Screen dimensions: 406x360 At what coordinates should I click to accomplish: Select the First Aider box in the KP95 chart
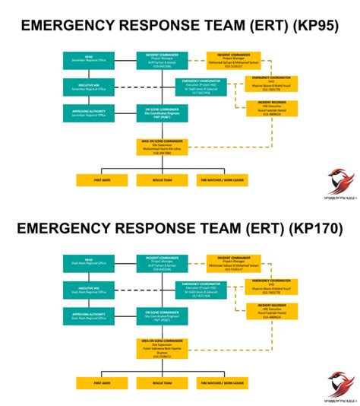tap(102, 180)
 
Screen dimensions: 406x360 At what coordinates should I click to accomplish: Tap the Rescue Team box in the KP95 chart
tap(162, 180)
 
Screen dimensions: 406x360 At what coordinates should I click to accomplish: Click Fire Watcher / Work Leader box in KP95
tap(223, 180)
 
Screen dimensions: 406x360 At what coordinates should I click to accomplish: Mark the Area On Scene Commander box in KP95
tap(162, 146)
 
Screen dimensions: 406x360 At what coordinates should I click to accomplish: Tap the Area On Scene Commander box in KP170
tap(162, 350)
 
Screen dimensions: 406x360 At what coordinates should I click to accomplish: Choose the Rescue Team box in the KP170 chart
tap(162, 383)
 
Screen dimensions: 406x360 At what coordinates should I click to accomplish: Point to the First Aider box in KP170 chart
tap(102, 383)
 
